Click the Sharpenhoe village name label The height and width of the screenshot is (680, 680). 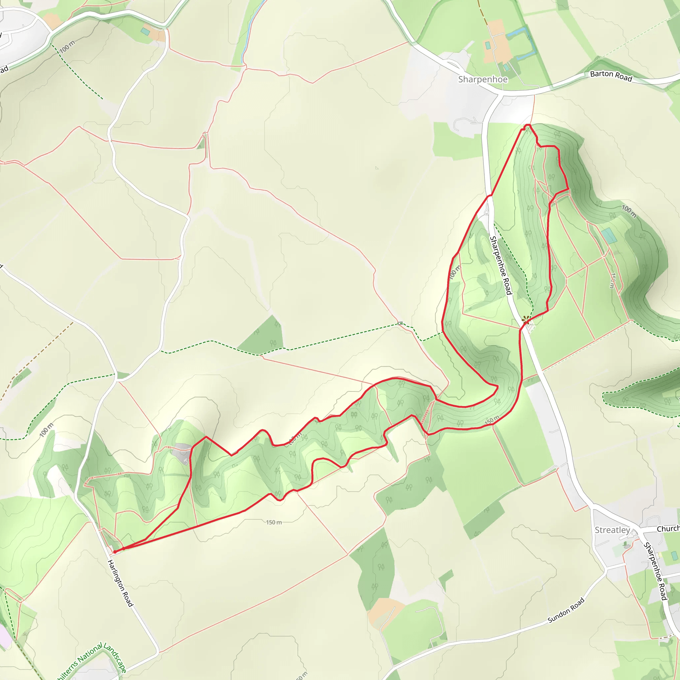[x=482, y=80]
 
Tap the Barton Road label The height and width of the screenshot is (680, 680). [x=611, y=76]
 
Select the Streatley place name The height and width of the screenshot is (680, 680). [x=612, y=530]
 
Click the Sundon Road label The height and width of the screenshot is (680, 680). [x=566, y=610]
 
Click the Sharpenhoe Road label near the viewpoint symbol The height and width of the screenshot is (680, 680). [x=500, y=265]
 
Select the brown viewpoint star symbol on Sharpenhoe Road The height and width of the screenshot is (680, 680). [x=526, y=320]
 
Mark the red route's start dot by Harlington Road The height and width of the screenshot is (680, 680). [x=115, y=552]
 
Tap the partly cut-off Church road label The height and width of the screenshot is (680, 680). [x=668, y=529]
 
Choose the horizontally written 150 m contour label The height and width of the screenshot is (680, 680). [x=274, y=522]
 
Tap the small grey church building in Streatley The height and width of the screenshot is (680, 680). [x=626, y=545]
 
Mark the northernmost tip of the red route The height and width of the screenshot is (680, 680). [x=527, y=125]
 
